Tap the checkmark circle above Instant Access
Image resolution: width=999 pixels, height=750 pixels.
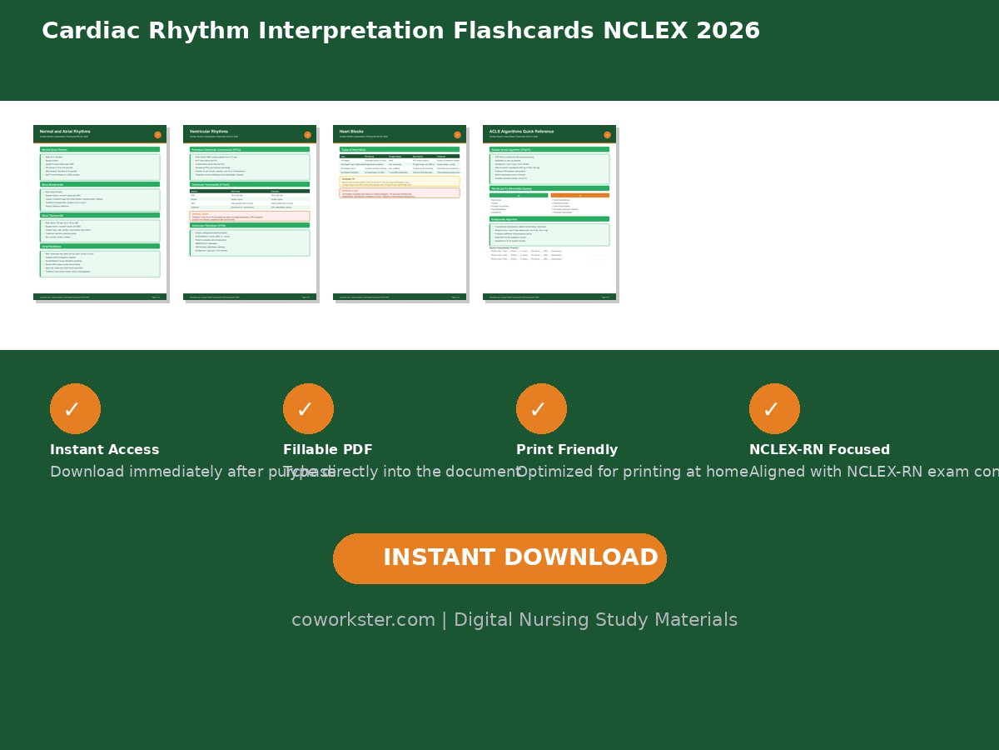75,408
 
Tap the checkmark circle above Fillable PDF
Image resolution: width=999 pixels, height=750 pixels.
308,408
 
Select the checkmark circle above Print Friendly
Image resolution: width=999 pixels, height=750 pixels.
541,408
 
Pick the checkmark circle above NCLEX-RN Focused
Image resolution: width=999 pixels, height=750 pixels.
774,408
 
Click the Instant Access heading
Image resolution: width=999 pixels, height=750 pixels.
104,450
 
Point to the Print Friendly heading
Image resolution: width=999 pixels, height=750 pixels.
567,450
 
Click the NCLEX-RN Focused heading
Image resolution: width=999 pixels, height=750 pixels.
819,450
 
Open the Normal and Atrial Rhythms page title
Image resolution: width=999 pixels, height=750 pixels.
65,132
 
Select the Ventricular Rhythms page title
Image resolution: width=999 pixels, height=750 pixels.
209,132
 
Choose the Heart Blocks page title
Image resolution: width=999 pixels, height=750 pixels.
351,132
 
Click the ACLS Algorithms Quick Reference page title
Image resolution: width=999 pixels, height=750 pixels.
521,132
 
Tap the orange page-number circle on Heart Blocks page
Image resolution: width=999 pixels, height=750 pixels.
457,135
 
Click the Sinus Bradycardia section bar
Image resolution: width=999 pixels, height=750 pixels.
100,184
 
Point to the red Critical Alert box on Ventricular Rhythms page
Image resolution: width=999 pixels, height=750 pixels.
250,216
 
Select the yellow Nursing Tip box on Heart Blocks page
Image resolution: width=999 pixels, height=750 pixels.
400,181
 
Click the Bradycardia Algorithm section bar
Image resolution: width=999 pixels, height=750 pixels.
549,219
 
